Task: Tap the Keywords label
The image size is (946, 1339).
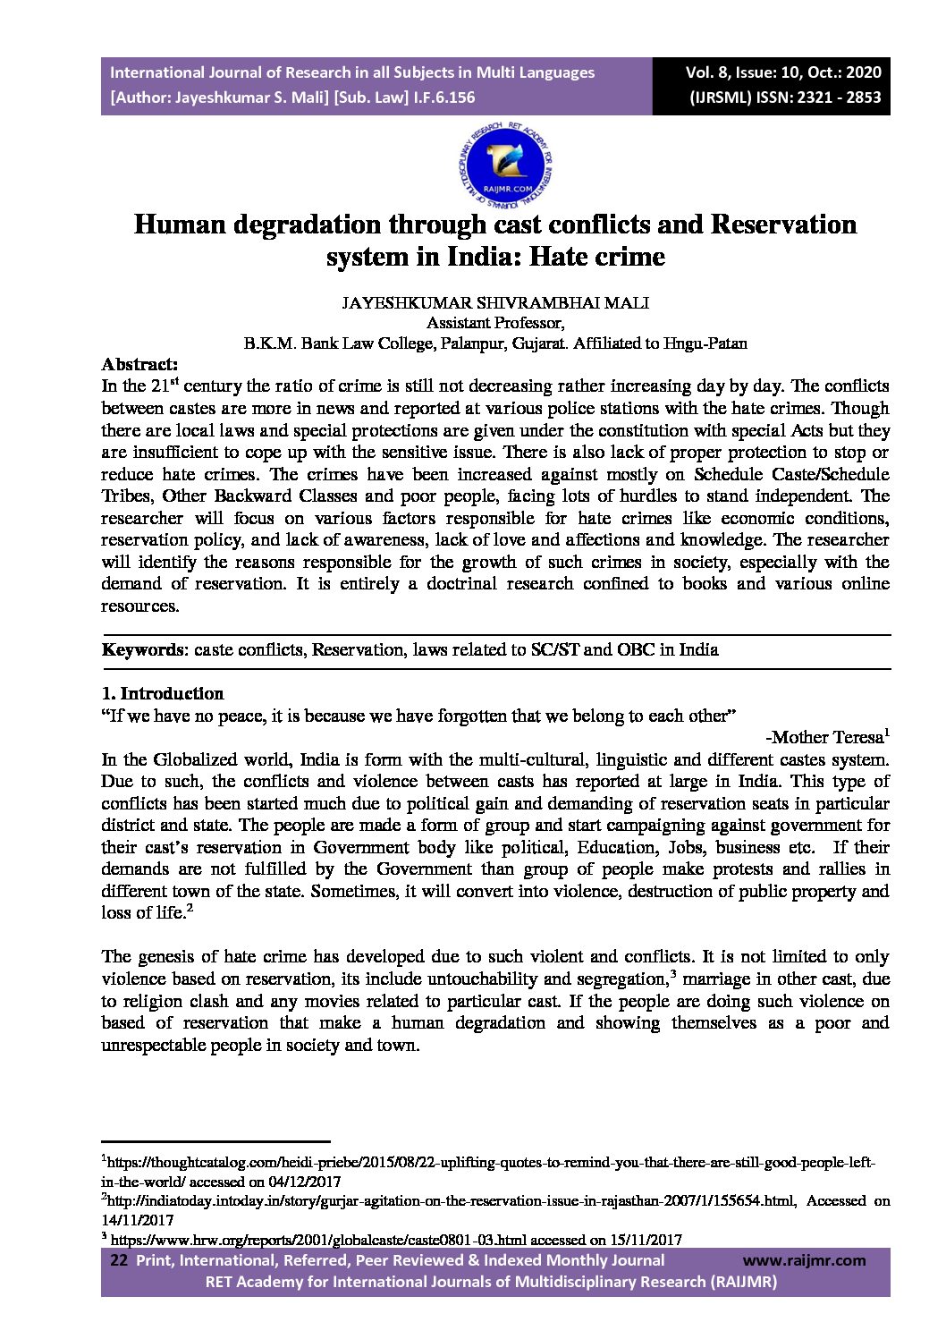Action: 142,649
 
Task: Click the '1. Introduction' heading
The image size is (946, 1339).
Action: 163,693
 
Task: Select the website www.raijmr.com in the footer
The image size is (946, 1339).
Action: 804,1260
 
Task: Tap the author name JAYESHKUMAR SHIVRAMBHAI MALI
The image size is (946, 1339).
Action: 495,303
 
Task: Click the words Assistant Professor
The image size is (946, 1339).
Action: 494,323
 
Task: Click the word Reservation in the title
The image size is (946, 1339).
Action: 783,224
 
